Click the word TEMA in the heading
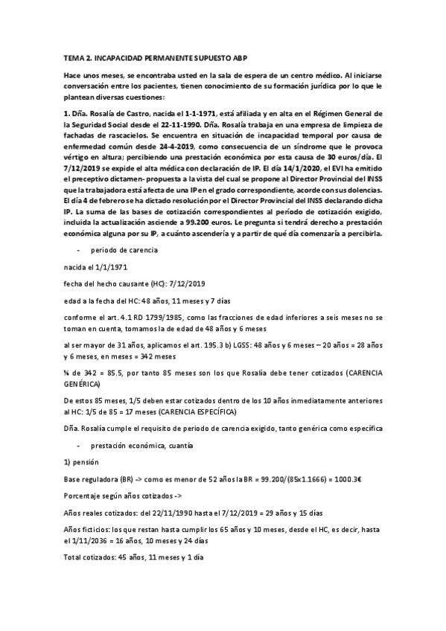click(73, 58)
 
